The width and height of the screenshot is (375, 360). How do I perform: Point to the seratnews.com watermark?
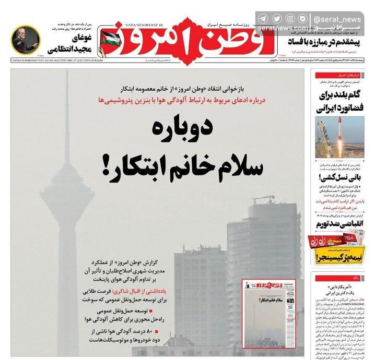point(282,29)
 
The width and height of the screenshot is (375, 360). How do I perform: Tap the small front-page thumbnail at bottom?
point(269,314)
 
